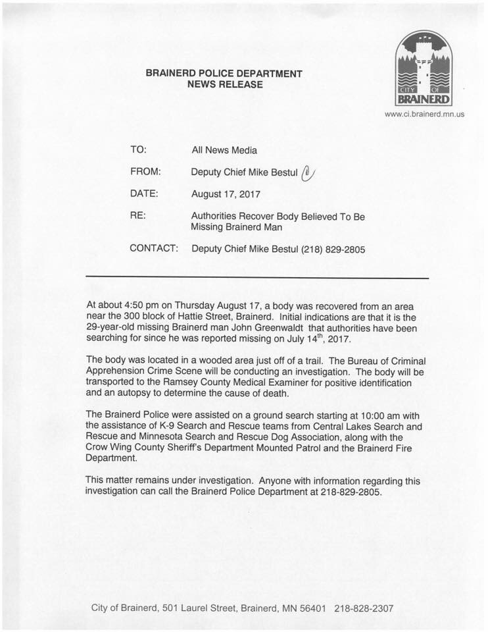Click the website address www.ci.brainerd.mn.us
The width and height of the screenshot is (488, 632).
coord(424,114)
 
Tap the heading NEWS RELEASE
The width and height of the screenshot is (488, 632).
coord(224,84)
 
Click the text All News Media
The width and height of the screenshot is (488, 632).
coord(224,150)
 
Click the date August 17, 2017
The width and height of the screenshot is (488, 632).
coord(226,194)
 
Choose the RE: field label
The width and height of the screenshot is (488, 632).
coord(138,216)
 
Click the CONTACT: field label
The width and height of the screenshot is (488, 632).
coord(154,249)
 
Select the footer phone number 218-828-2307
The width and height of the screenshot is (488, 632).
coord(364,608)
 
